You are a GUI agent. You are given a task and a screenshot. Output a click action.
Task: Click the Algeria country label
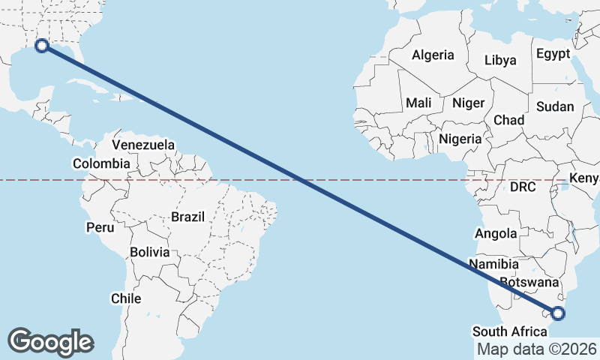[433, 55]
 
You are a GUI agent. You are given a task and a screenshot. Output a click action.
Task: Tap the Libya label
[500, 60]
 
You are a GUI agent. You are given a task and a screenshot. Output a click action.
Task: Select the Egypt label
[553, 54]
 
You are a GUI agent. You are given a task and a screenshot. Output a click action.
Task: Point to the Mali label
[418, 103]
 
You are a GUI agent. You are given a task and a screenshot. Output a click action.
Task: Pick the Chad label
[508, 120]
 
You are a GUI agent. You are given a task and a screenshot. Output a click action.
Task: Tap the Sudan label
[556, 106]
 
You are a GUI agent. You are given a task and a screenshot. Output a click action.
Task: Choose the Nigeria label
[460, 139]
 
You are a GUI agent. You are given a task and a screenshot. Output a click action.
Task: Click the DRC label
[523, 187]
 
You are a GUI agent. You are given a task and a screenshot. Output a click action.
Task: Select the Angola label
[496, 233]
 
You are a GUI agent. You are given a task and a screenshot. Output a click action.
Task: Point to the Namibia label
[493, 264]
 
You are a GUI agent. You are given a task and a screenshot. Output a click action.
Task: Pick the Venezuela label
[143, 145]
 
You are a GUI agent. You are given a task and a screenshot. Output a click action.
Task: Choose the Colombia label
[101, 163]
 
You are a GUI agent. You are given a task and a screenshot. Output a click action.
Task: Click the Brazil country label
[187, 216]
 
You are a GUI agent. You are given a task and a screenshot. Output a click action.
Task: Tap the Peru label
[100, 226]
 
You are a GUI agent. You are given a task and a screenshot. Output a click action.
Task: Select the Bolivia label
[149, 252]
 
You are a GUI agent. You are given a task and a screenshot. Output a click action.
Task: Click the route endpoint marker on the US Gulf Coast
[42, 46]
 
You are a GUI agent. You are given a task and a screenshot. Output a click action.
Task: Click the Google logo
[50, 341]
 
